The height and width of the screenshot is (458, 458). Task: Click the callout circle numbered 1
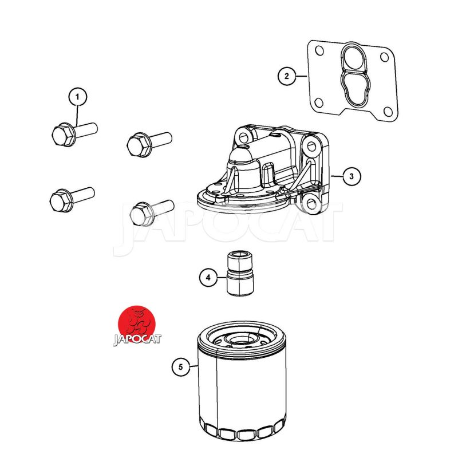pyautogui.click(x=77, y=97)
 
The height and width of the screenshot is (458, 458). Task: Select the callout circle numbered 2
pyautogui.click(x=286, y=76)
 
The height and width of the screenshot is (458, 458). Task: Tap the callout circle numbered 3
pyautogui.click(x=352, y=176)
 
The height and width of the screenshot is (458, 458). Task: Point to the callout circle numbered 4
pyautogui.click(x=208, y=277)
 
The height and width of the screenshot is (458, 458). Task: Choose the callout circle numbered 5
pyautogui.click(x=180, y=366)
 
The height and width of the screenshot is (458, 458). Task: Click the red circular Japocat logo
pyautogui.click(x=136, y=324)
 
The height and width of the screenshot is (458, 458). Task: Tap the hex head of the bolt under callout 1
pyautogui.click(x=62, y=135)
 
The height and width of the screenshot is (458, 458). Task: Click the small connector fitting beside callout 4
pyautogui.click(x=240, y=273)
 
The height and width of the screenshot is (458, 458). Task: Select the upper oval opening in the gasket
pyautogui.click(x=354, y=58)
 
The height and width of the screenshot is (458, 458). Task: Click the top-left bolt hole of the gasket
pyautogui.click(x=319, y=51)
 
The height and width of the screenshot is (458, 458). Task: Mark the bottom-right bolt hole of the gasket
pyautogui.click(x=388, y=112)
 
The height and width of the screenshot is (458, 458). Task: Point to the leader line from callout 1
pyautogui.click(x=77, y=116)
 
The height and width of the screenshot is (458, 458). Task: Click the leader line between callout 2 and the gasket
pyautogui.click(x=301, y=76)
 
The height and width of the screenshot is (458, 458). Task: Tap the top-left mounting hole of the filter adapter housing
pyautogui.click(x=243, y=136)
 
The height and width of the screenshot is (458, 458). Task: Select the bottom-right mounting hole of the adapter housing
pyautogui.click(x=311, y=203)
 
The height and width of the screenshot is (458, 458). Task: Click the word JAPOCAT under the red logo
pyautogui.click(x=137, y=339)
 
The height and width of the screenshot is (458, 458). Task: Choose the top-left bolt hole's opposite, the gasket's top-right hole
pyautogui.click(x=385, y=57)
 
